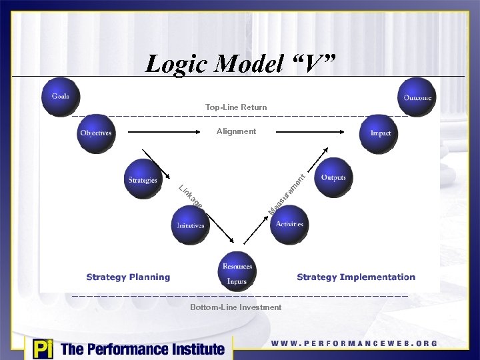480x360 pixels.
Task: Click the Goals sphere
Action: [x=61, y=97]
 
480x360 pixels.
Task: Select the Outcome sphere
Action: [x=417, y=97]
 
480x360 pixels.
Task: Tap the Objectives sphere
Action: [x=96, y=133]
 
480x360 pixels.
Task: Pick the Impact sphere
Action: [x=381, y=133]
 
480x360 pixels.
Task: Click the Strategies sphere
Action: [x=143, y=179]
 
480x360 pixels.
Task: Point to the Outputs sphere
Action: [x=333, y=177]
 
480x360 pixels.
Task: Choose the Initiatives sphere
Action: [x=190, y=225]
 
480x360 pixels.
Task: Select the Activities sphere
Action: [x=289, y=224]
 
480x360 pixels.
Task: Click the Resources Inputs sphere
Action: [x=237, y=272]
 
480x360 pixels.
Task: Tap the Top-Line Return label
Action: [x=236, y=107]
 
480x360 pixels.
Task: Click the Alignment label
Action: [x=236, y=131]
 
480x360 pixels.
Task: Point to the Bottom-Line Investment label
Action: [x=236, y=307]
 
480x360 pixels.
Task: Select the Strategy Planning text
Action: [x=128, y=277]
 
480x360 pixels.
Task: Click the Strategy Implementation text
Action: [x=356, y=277]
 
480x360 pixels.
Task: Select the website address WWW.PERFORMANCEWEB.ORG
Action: [x=354, y=343]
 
